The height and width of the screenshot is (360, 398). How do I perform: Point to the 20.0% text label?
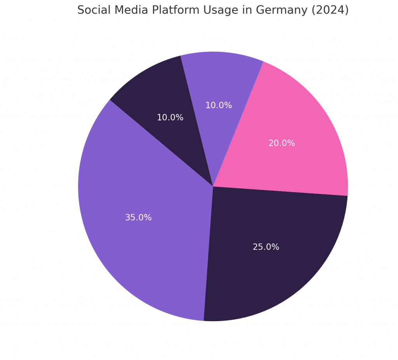click(281, 143)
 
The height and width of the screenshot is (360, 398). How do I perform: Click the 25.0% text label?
click(266, 247)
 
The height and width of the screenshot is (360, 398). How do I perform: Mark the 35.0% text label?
click(138, 218)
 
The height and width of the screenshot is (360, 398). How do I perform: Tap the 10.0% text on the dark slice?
click(170, 118)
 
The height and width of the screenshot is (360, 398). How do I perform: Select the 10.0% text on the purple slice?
click(218, 105)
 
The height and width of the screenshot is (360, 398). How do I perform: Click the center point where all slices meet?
click(213, 186)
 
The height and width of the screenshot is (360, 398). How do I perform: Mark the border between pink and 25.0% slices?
click(280, 191)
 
